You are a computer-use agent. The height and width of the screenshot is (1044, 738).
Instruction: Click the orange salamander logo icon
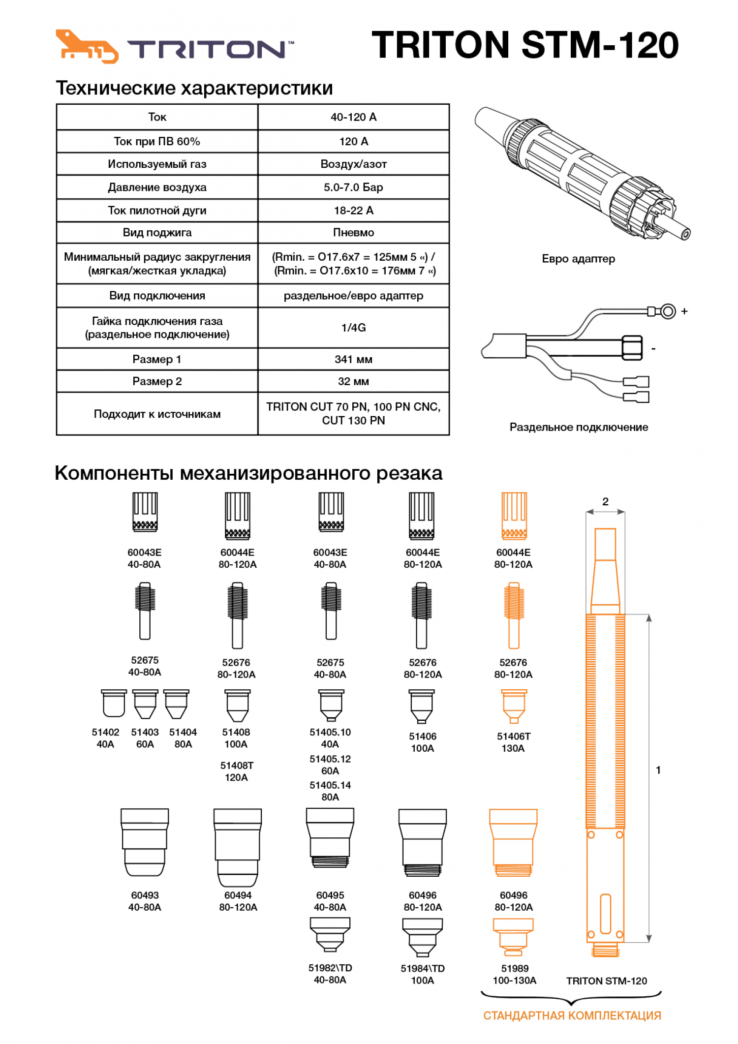(87, 47)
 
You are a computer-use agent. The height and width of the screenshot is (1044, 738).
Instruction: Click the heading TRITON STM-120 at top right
(524, 45)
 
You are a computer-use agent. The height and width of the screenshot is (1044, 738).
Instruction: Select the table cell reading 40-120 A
(353, 117)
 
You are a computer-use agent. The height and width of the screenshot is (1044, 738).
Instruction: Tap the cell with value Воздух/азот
(353, 164)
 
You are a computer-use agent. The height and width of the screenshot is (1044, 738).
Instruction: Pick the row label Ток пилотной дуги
(157, 211)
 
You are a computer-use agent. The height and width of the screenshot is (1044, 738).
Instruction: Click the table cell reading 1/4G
(353, 328)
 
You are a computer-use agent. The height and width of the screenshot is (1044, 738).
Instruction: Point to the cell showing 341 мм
(353, 359)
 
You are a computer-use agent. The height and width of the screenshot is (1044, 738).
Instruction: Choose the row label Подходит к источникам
(157, 414)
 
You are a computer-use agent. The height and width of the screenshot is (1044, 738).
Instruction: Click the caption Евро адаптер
(578, 259)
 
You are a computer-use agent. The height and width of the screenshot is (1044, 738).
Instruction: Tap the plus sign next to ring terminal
(684, 311)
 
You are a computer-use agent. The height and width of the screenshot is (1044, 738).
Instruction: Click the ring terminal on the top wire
(667, 311)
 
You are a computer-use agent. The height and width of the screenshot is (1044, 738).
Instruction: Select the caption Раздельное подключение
(578, 427)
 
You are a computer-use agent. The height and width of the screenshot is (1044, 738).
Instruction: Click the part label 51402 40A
(105, 738)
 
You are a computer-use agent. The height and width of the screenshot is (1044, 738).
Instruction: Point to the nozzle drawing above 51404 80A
(176, 704)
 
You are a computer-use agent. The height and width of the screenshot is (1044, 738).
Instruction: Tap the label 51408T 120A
(236, 771)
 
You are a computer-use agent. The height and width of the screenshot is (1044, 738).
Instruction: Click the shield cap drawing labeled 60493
(145, 842)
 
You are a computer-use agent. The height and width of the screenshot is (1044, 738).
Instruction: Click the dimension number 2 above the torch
(605, 501)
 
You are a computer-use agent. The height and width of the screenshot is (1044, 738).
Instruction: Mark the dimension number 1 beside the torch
(658, 770)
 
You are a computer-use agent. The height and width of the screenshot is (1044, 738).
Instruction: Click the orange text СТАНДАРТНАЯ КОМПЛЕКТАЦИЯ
(572, 1015)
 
